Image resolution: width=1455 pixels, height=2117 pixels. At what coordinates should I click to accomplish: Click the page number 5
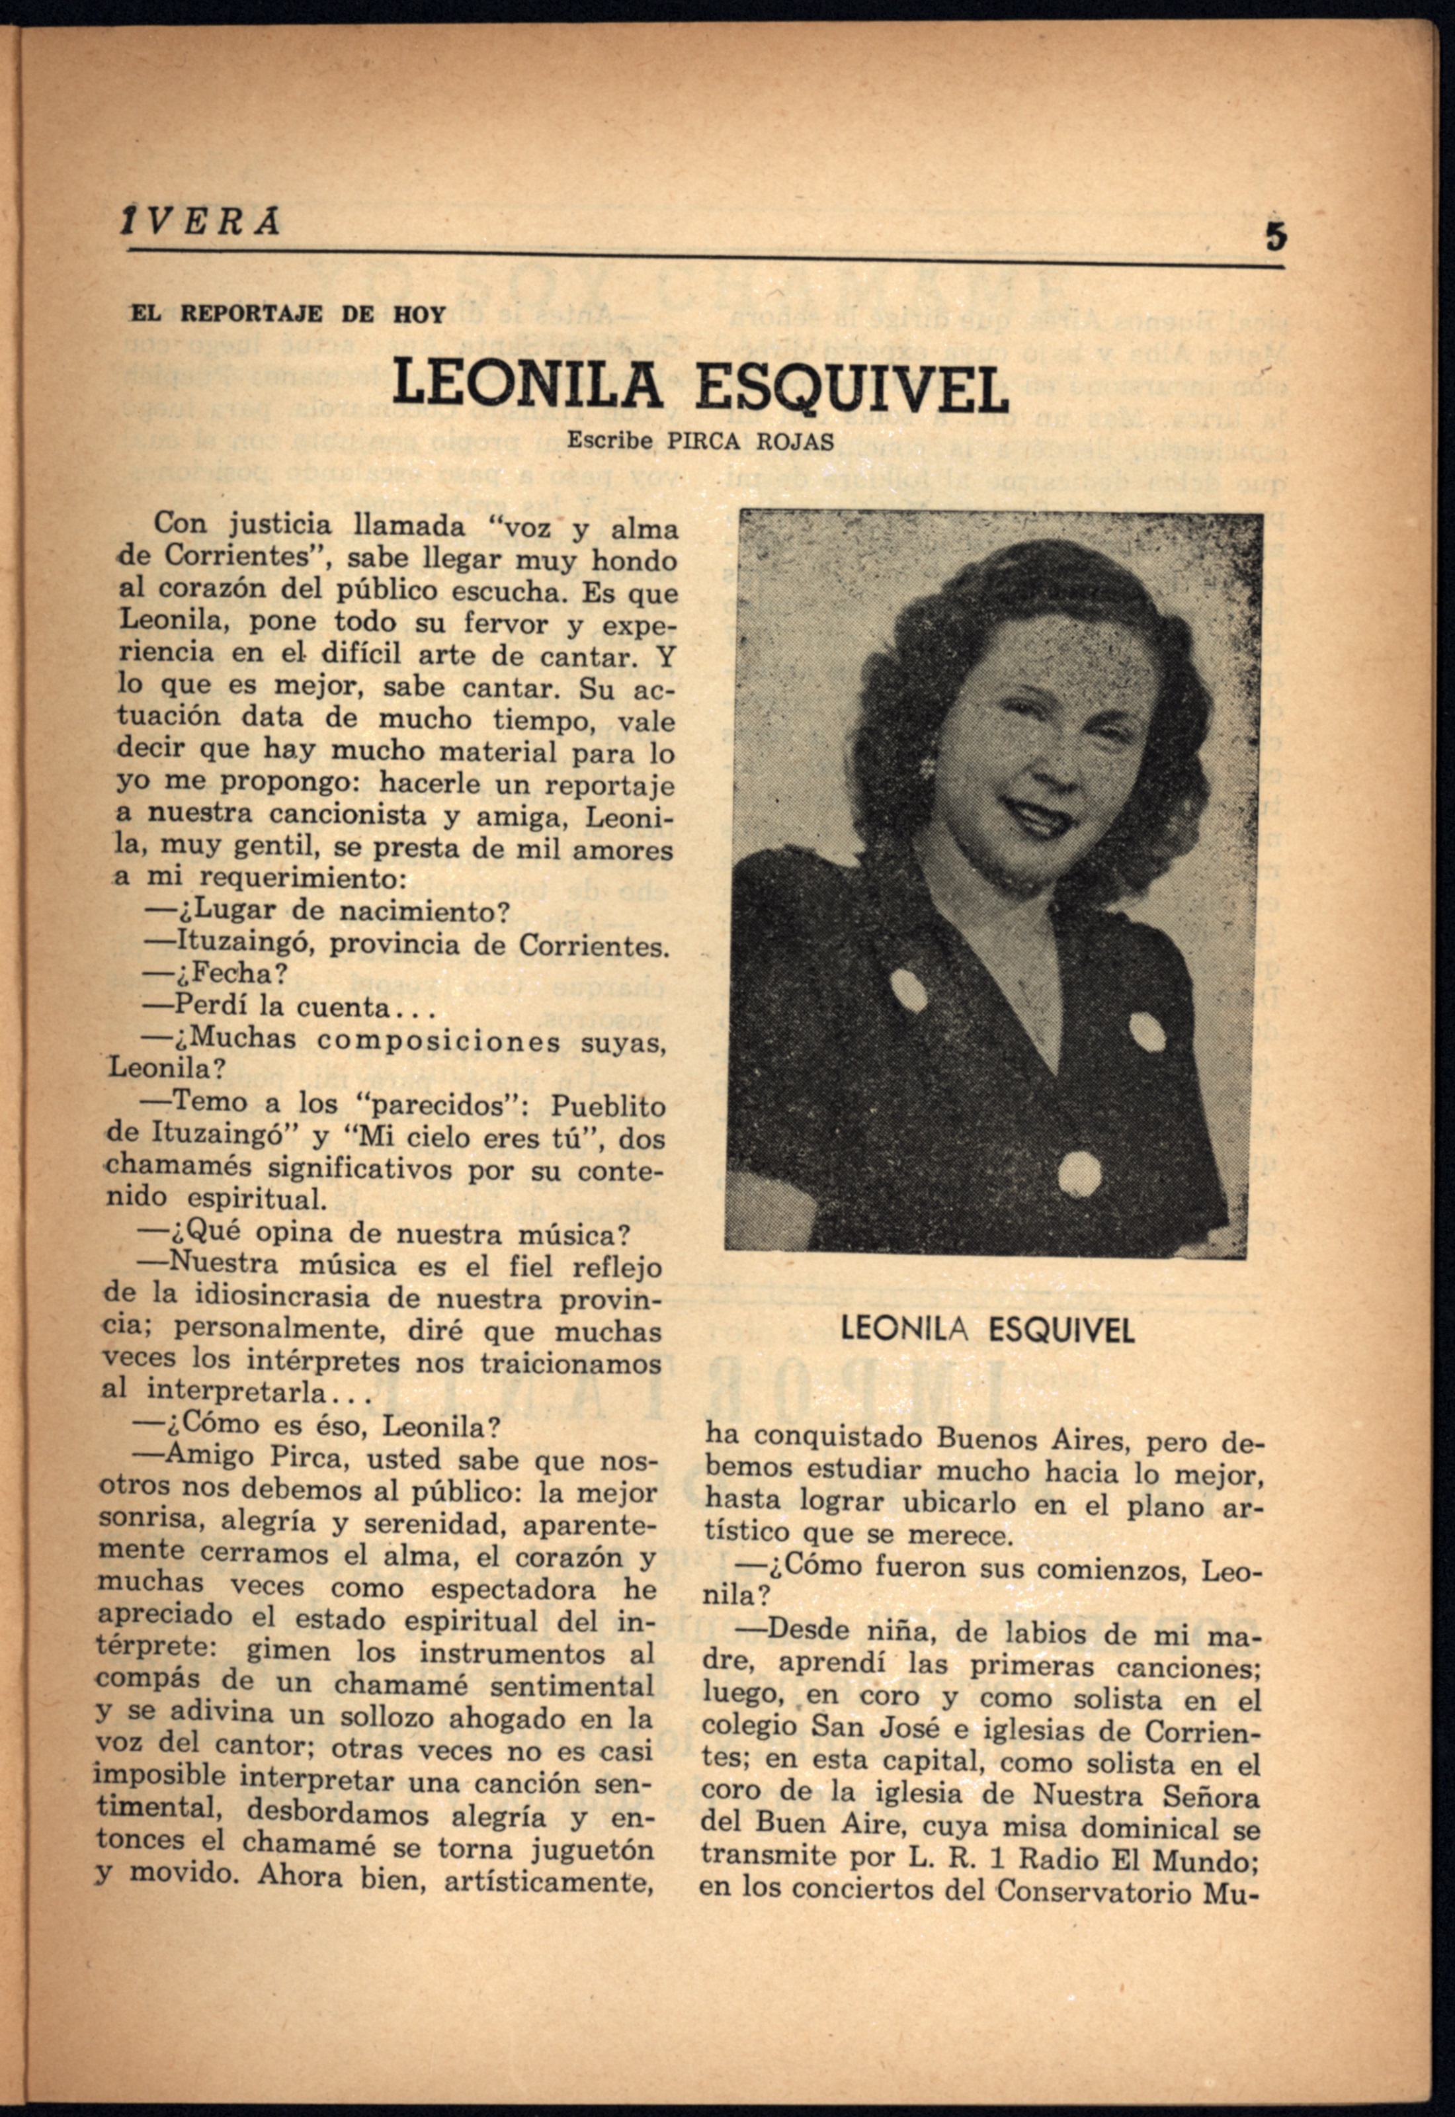click(1275, 236)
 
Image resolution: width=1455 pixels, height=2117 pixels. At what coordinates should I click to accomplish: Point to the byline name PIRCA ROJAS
click(750, 441)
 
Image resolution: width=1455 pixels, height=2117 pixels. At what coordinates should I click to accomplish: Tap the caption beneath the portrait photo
click(987, 1330)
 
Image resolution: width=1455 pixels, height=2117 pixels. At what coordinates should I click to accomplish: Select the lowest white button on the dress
click(1079, 1175)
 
